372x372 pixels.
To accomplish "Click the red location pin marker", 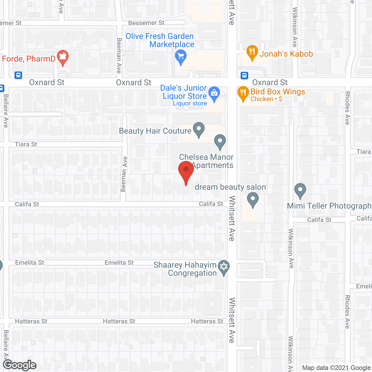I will [x=186, y=170].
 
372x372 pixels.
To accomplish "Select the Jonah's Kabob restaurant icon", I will [x=252, y=53].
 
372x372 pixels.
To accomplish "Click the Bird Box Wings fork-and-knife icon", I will [x=243, y=93].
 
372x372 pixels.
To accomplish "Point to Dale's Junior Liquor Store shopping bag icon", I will [x=214, y=94].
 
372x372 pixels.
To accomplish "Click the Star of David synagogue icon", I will [x=224, y=267].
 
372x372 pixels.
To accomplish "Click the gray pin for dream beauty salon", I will [x=253, y=200].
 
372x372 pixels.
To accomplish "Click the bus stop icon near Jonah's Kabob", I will [x=244, y=76].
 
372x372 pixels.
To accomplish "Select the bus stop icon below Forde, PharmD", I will [x=18, y=76].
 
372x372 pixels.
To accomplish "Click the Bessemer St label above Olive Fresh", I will [x=146, y=23].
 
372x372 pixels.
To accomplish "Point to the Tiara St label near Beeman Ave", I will [x=26, y=144].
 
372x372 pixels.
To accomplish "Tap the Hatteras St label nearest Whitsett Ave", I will [x=207, y=321].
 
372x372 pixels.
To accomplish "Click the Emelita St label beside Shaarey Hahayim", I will [x=119, y=263].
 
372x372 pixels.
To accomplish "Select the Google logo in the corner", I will [x=20, y=365].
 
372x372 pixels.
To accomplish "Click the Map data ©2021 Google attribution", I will [x=337, y=368].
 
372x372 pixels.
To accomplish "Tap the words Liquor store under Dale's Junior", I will [x=190, y=103].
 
